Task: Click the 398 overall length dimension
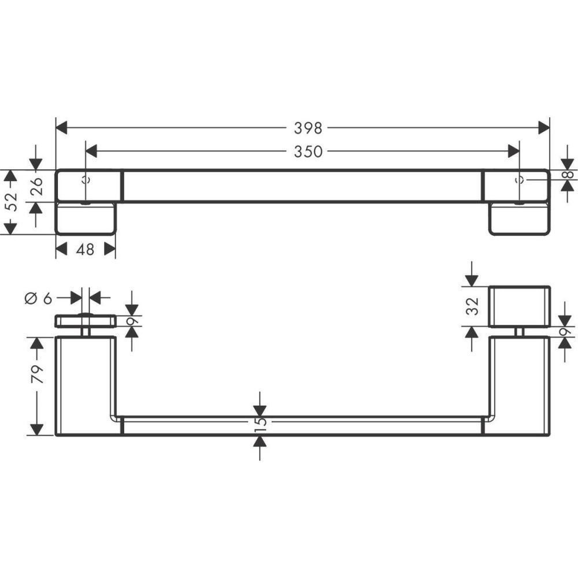[x=307, y=128]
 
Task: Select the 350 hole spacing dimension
[x=307, y=151]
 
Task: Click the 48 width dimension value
[x=85, y=250]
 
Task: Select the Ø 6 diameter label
[x=39, y=298]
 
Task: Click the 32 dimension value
[x=473, y=306]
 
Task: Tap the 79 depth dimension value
[x=38, y=375]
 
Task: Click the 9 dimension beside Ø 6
[x=132, y=321]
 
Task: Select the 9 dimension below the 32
[x=566, y=332]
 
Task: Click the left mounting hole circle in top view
[x=86, y=179]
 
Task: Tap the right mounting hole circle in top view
[x=518, y=179]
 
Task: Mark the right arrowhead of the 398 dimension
[x=543, y=128]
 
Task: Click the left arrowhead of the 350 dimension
[x=91, y=151]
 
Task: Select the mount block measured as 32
[x=519, y=306]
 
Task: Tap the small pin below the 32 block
[x=518, y=332]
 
